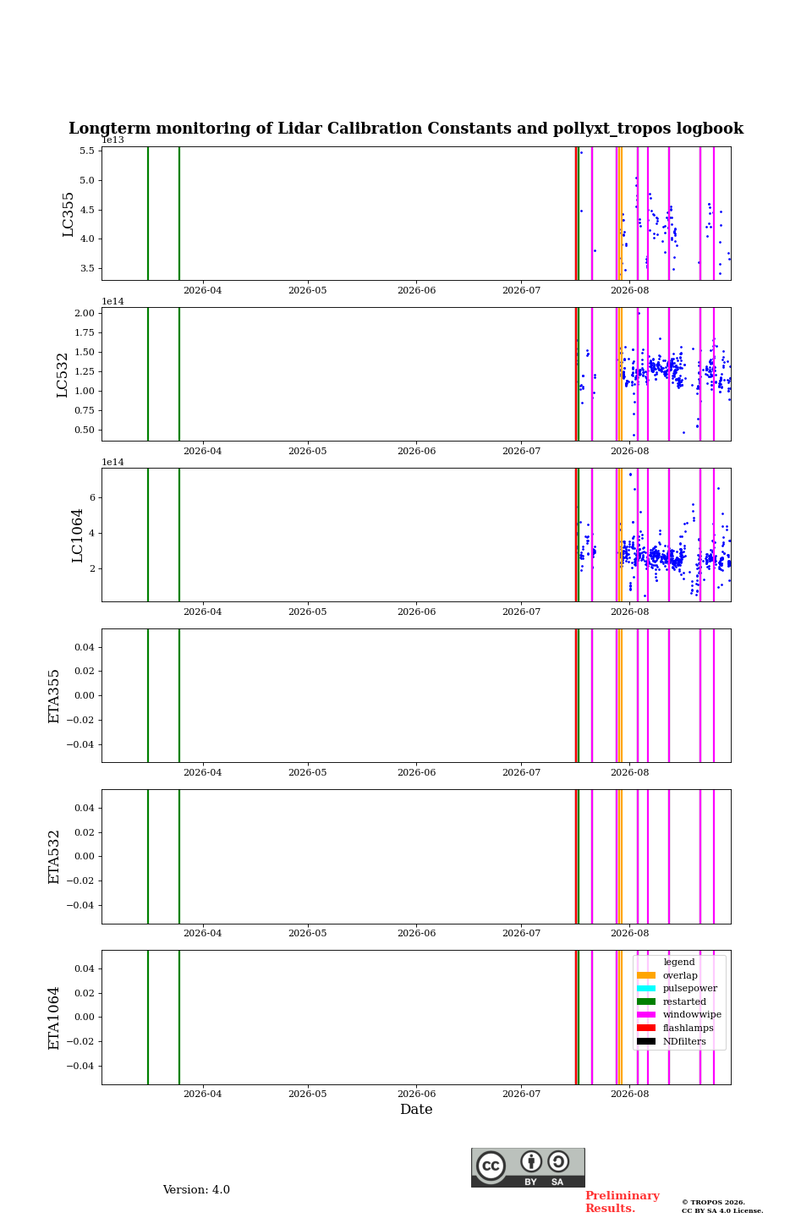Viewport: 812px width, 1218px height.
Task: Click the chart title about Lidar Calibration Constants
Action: [x=406, y=129]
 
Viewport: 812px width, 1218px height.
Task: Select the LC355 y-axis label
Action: [x=68, y=214]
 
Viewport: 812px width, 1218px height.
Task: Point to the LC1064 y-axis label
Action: [x=77, y=535]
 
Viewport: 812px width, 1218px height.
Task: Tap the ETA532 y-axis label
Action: [x=54, y=857]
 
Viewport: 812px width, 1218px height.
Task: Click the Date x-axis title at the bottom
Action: [x=416, y=1109]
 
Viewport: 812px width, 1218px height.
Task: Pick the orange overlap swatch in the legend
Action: [x=646, y=975]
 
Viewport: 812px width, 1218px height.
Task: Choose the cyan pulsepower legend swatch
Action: [x=646, y=988]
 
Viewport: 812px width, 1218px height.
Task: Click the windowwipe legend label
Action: [x=692, y=1014]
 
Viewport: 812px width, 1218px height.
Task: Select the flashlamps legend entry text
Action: [x=688, y=1028]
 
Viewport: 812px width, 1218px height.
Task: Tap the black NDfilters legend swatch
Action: [x=646, y=1041]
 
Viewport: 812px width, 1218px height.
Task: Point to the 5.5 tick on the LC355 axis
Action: [x=87, y=151]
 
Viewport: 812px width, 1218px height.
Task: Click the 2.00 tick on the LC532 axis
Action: [x=85, y=313]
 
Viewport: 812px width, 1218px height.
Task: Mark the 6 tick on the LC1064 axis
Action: [x=92, y=497]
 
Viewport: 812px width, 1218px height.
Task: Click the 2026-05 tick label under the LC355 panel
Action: [x=308, y=290]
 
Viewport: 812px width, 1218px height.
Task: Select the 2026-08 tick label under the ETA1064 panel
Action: [x=630, y=1094]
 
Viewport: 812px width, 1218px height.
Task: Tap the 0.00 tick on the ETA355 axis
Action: [x=85, y=695]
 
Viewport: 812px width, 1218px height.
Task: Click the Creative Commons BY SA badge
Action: [x=528, y=1167]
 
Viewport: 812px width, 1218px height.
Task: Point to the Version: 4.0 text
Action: [x=196, y=1190]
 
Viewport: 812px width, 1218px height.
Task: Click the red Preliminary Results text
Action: [x=623, y=1202]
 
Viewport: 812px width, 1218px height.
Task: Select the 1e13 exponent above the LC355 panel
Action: [x=113, y=140]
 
